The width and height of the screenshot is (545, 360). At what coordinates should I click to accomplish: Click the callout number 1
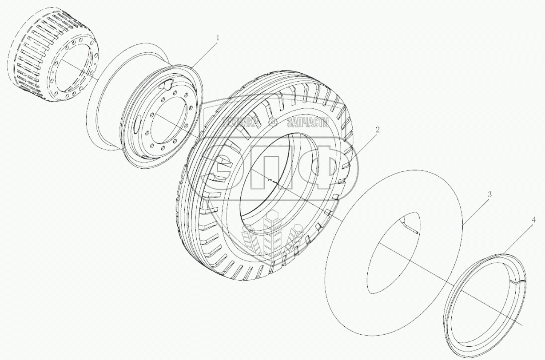click(x=218, y=38)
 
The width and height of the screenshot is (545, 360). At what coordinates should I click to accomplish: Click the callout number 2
click(x=378, y=130)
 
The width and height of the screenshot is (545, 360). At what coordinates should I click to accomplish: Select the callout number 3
click(x=489, y=194)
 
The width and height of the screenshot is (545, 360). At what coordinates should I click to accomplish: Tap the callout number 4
click(x=533, y=220)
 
